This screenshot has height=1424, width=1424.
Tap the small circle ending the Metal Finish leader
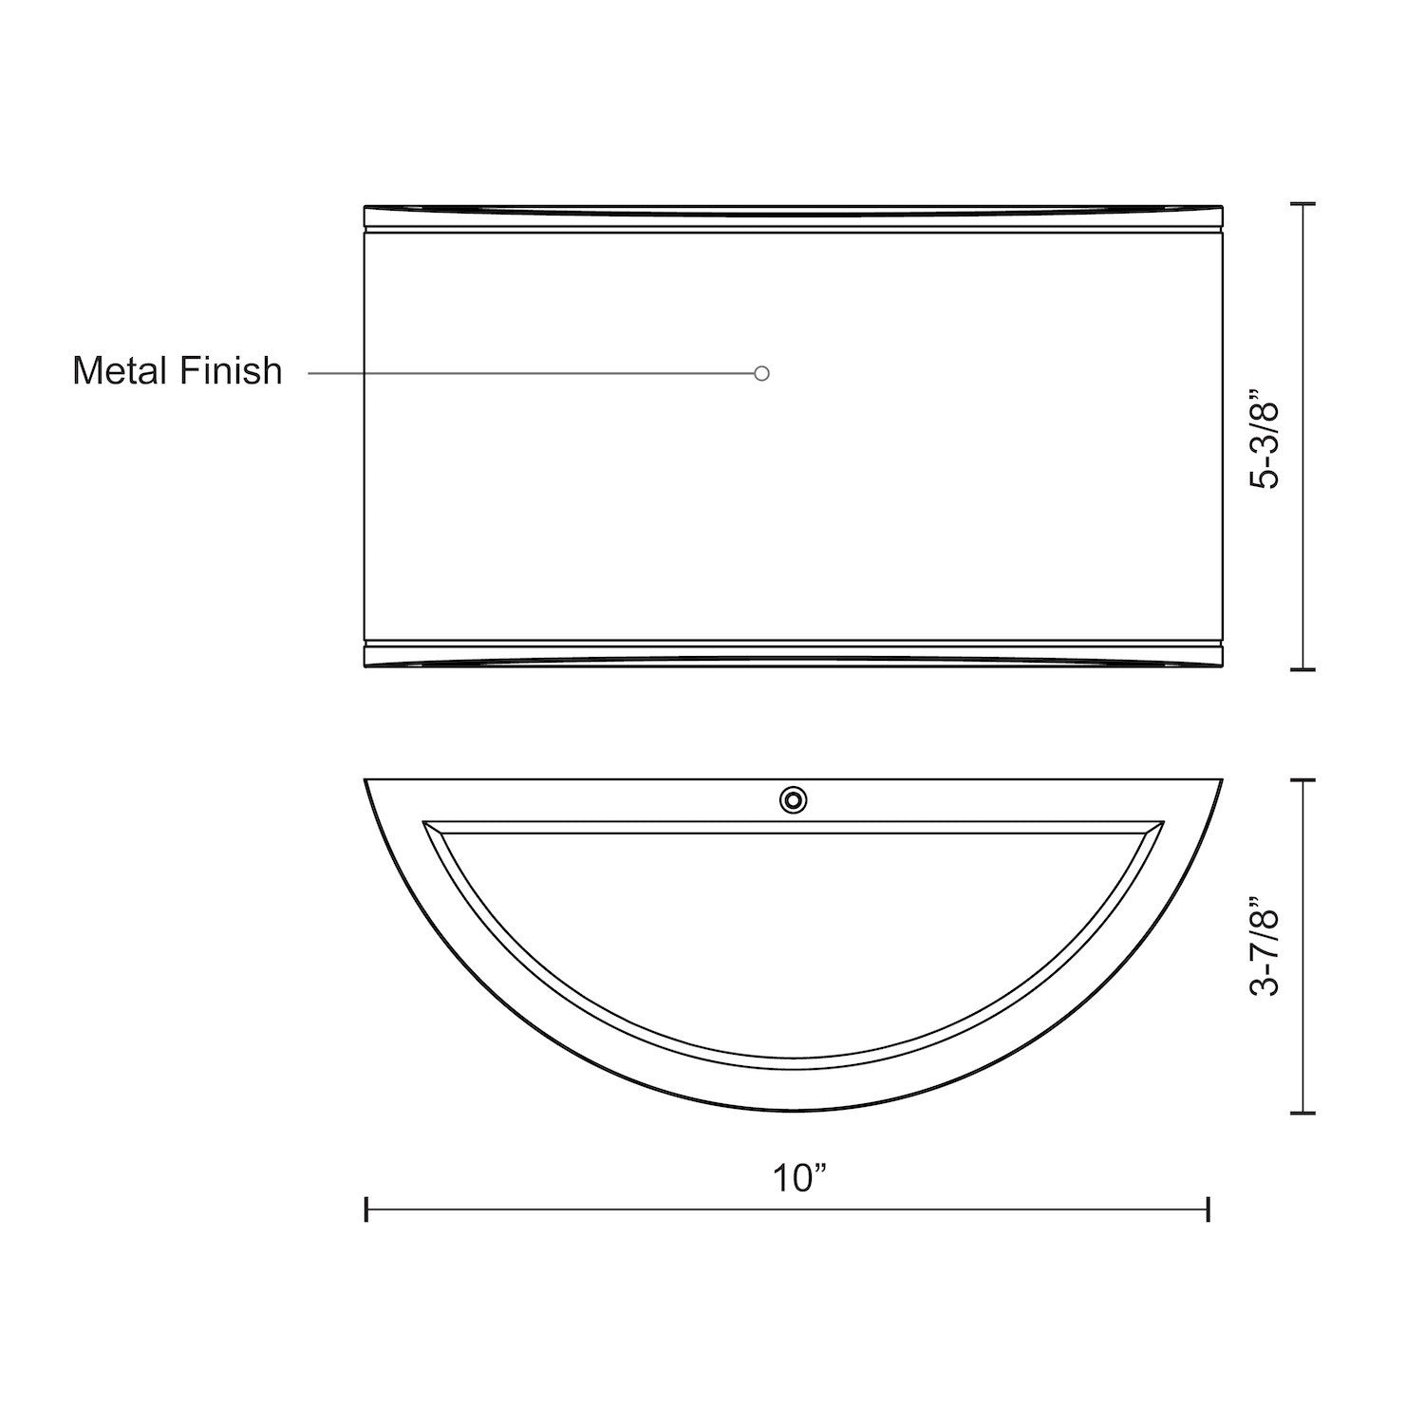point(761,373)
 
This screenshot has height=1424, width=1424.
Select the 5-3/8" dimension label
point(1266,438)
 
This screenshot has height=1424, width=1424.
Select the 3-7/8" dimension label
point(1266,946)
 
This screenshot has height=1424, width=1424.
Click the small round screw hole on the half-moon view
point(793,800)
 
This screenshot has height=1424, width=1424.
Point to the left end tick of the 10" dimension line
point(366,1209)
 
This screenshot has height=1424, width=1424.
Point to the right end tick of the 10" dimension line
point(1208,1209)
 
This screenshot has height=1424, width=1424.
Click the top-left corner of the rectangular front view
point(366,205)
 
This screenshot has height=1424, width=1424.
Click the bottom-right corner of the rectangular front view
point(1221,668)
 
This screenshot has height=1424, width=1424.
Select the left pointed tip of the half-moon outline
point(366,780)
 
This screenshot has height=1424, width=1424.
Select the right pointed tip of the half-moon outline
point(1221,780)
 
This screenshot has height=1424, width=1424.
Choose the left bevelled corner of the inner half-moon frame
point(426,824)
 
